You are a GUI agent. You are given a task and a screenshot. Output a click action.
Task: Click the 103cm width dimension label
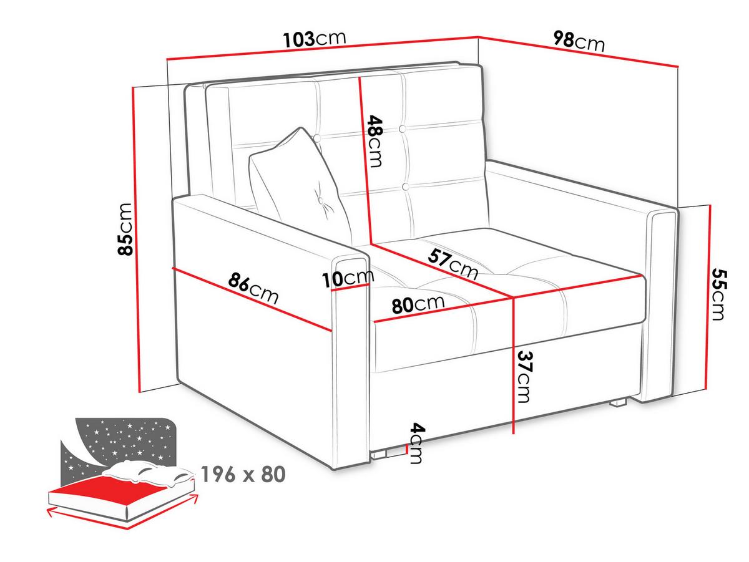click(315, 39)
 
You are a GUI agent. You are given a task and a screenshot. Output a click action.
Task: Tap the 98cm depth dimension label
click(579, 41)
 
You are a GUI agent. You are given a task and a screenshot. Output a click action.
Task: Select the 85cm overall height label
click(124, 229)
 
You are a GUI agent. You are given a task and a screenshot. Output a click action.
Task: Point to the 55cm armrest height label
click(719, 294)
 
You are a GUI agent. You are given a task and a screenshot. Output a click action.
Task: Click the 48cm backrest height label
click(375, 142)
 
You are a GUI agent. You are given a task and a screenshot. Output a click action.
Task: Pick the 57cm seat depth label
click(453, 264)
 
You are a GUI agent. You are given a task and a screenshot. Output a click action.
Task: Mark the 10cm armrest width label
click(348, 278)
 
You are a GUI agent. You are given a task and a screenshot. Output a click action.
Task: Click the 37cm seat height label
click(525, 376)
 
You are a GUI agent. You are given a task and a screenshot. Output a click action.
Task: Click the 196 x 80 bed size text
click(243, 474)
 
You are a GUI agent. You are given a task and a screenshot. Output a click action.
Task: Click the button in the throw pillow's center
click(321, 201)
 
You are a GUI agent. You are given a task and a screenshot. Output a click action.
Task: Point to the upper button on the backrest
click(403, 129)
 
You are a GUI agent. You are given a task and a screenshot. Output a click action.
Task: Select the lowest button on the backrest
click(406, 187)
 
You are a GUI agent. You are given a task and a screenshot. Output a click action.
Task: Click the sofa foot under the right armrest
click(618, 403)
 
